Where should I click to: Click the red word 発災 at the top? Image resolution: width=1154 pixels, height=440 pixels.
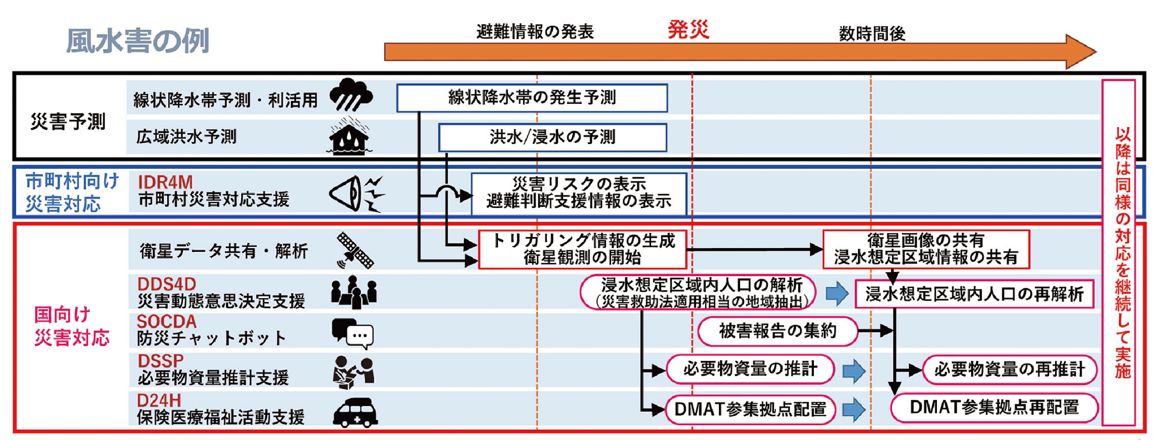[x=688, y=29]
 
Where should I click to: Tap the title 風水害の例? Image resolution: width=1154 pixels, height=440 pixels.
[x=137, y=41]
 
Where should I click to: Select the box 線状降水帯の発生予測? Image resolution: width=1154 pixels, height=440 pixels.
[x=532, y=98]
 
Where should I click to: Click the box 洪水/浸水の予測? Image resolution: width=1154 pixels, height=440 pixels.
[x=552, y=137]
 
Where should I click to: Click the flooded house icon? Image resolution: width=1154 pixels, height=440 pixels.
[x=349, y=137]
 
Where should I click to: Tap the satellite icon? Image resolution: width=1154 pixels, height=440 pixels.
[x=354, y=250]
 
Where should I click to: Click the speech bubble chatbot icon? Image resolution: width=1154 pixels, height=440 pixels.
[x=353, y=333]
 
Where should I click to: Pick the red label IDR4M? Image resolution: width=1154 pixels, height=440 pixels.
[x=165, y=182]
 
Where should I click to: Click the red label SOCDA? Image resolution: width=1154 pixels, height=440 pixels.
[x=167, y=321]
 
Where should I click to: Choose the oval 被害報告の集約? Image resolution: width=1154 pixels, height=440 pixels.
[x=777, y=331]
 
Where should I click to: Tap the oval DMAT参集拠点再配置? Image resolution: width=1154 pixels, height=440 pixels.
[x=994, y=408]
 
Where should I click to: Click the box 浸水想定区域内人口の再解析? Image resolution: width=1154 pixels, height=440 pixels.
[x=974, y=294]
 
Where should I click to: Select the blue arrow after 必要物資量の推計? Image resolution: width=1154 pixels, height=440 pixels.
[x=853, y=371]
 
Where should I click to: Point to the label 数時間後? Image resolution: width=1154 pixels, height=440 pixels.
[x=872, y=34]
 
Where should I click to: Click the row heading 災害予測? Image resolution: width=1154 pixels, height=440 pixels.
[x=67, y=121]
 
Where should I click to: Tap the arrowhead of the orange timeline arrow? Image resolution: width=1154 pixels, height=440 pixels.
[x=1080, y=52]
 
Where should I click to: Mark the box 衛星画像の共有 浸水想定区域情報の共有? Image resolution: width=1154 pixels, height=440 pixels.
[x=926, y=249]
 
